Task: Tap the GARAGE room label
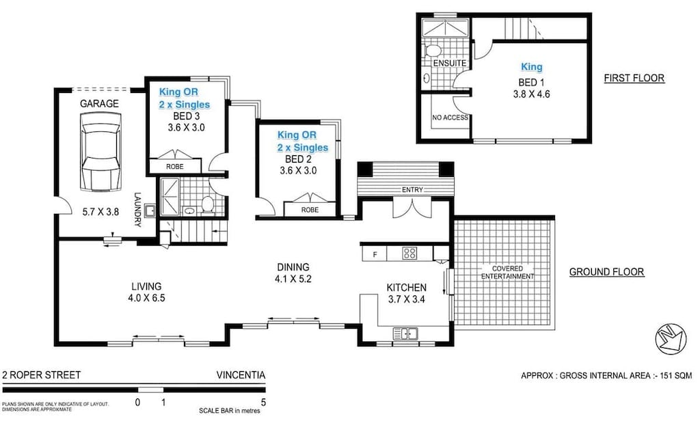100,104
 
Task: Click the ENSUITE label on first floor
449,64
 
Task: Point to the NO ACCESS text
450,118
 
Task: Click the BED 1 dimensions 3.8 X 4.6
531,94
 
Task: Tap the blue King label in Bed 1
531,67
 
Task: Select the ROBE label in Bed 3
175,167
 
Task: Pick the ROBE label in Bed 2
310,210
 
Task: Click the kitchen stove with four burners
409,254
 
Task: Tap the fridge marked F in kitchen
374,254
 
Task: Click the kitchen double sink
406,334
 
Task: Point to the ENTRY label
412,189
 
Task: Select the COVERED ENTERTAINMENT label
507,272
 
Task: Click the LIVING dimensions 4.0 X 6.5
146,299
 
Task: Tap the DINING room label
293,267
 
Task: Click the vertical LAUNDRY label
137,207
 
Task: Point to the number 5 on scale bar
263,403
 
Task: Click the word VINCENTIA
240,375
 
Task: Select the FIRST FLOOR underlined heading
634,78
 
